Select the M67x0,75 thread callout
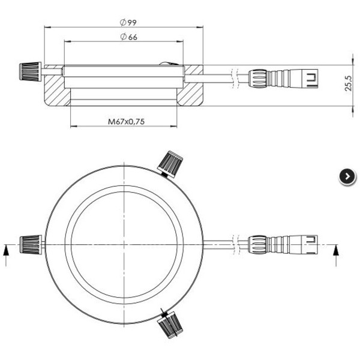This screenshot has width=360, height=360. click(x=127, y=122)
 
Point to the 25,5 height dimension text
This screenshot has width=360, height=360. click(x=348, y=84)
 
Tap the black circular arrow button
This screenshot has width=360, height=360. click(x=347, y=176)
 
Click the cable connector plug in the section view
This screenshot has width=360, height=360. click(x=282, y=77)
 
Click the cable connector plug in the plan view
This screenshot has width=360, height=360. click(x=282, y=244)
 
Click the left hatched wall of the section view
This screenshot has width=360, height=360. click(x=56, y=88)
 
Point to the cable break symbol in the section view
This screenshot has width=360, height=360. click(x=238, y=77)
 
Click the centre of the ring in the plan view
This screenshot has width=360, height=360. click(x=124, y=244)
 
